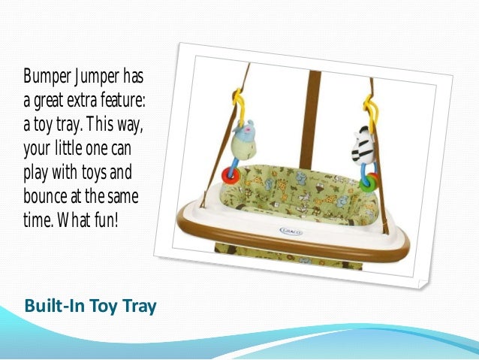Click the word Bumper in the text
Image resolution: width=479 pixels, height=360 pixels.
tap(46, 78)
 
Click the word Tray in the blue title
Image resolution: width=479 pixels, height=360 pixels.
tap(139, 307)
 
